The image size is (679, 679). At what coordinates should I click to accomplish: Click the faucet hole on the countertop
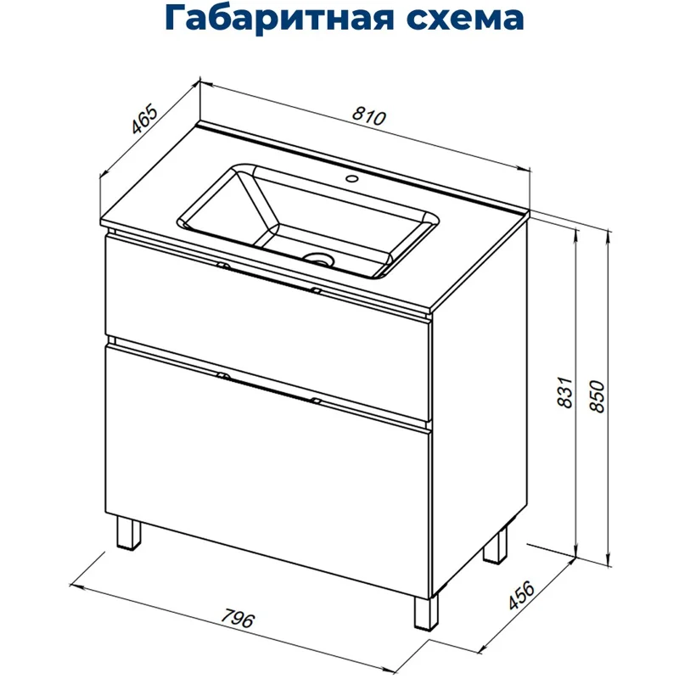click(x=351, y=180)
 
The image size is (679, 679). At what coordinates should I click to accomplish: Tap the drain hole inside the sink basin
click(x=320, y=259)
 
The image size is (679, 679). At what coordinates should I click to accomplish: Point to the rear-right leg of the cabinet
click(x=495, y=548)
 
